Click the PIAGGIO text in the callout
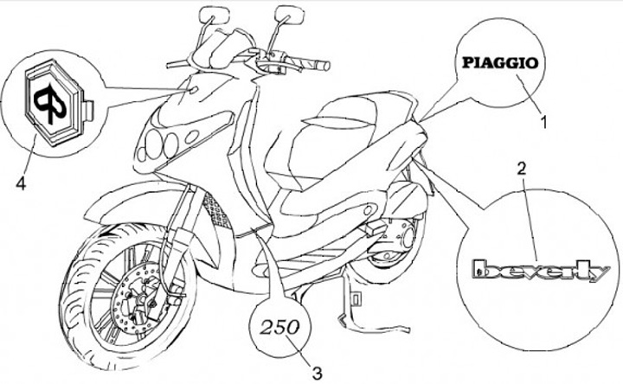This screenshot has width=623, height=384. (499, 63)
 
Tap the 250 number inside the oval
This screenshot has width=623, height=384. (280, 328)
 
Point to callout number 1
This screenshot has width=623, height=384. (544, 123)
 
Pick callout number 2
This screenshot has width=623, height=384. (521, 167)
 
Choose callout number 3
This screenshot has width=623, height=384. (318, 373)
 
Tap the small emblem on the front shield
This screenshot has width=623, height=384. (193, 89)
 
